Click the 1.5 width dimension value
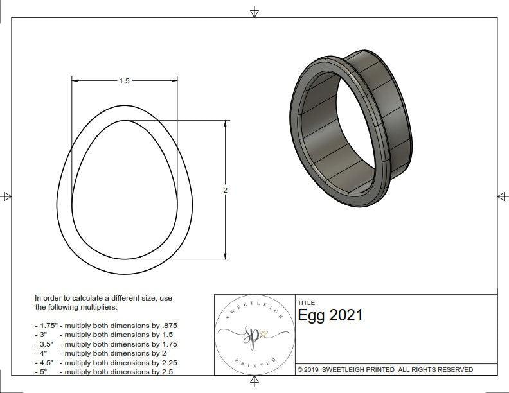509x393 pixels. point(124,81)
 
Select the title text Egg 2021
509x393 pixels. point(330,315)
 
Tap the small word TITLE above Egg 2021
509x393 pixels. point(306,302)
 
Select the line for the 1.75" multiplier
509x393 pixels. point(105,326)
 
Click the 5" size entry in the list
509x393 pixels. point(42,371)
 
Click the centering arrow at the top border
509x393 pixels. point(254,12)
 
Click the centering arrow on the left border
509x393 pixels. point(7,197)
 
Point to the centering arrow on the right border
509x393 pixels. point(502,197)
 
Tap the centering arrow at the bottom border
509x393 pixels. point(254,381)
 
